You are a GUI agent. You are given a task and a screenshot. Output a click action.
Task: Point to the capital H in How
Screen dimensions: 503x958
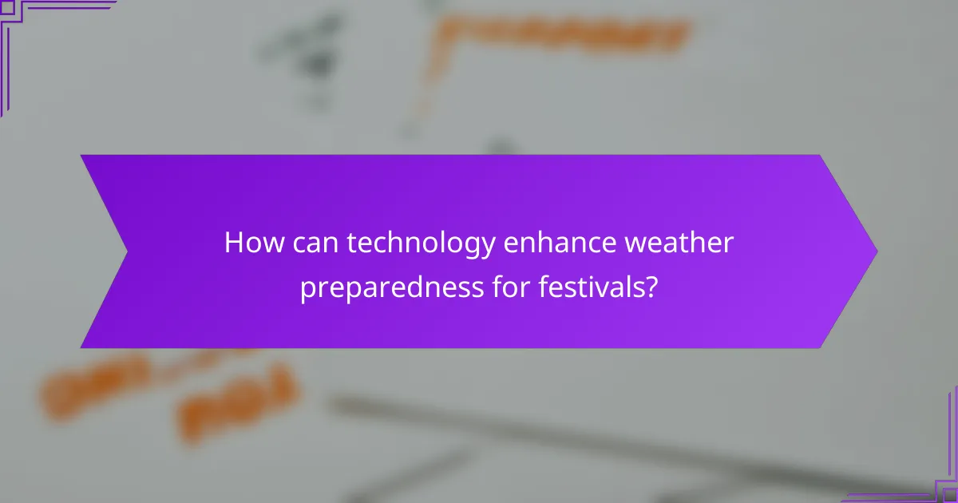pos(233,243)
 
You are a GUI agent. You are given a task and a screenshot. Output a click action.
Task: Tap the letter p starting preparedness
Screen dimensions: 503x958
pos(308,290)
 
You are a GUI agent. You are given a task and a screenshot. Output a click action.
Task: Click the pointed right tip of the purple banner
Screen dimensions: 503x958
pos(875,252)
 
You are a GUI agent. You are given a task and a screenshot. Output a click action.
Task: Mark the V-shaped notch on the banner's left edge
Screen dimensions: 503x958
pos(126,252)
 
